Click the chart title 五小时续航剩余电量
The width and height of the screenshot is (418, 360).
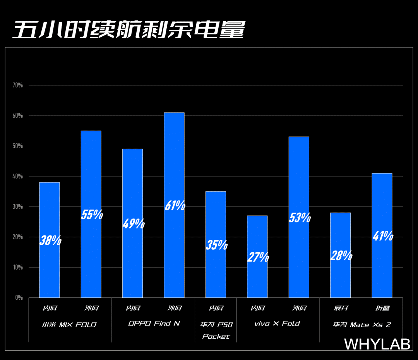pos(129,29)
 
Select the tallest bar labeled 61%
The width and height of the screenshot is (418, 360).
pos(174,162)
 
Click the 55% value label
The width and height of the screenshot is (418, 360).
pos(92,215)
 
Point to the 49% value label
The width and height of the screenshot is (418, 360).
pos(133,224)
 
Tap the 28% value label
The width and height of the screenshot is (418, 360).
pos(341,256)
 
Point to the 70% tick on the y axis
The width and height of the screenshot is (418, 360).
pos(18,85)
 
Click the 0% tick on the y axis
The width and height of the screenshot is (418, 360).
pos(19,298)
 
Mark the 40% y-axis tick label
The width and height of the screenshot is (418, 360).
pos(18,176)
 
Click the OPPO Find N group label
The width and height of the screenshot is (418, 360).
pos(154,324)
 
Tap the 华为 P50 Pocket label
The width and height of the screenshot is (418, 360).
pos(216,330)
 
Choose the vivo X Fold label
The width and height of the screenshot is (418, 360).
pos(277,324)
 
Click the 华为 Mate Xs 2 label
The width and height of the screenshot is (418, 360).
pos(362,324)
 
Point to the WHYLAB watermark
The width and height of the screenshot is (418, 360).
pos(377,344)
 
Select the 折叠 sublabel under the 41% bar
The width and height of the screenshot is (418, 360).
pos(382,308)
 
